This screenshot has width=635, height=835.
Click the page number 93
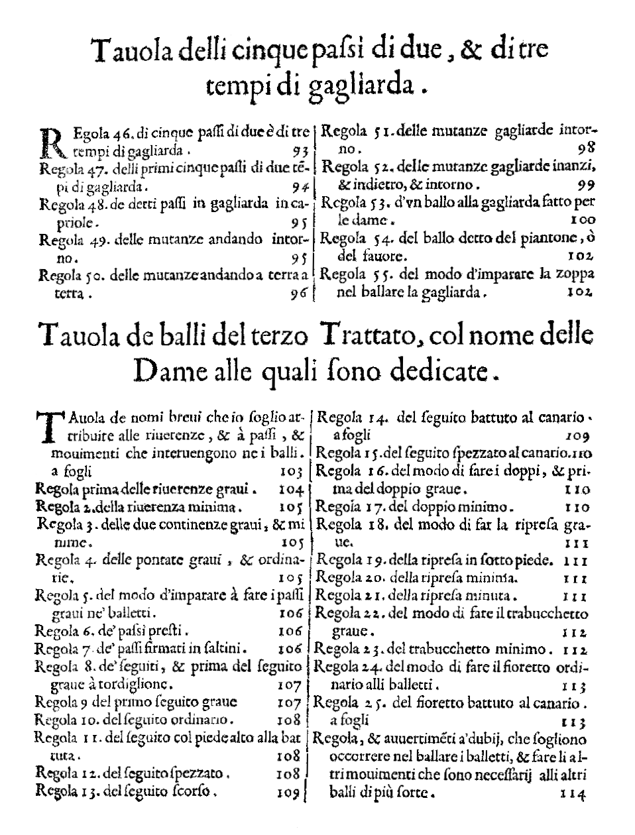pos(300,150)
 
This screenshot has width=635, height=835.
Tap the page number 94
pos(300,186)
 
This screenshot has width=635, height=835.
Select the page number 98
pos(586,148)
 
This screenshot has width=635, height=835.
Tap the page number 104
pos(290,490)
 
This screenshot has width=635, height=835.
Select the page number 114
pos(573,793)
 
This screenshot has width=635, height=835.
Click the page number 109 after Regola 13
pos(286,791)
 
